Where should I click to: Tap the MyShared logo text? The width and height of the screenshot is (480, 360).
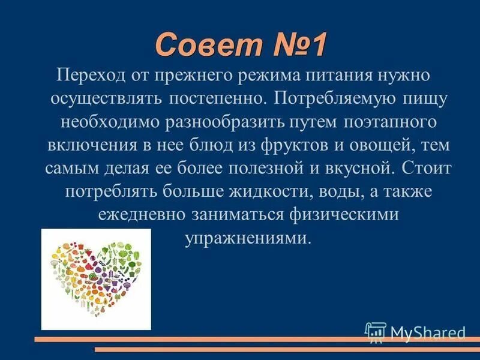[427, 331]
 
